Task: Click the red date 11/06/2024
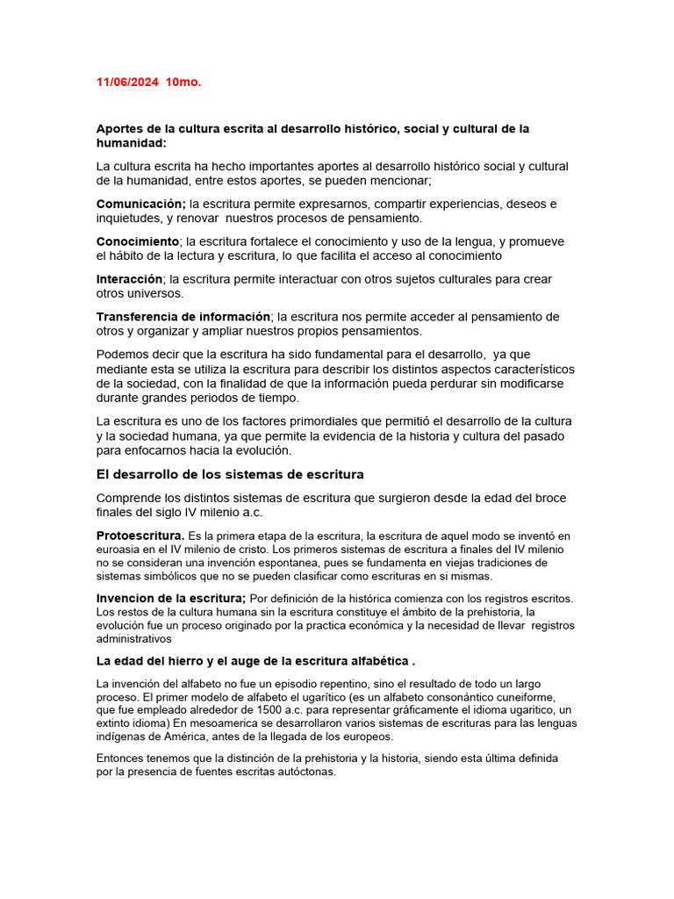coord(127,83)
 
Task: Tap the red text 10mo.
coord(183,83)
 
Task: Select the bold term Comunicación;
coord(141,204)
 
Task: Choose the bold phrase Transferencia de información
coord(183,317)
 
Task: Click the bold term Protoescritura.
coord(140,536)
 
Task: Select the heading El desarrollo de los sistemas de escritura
coord(230,475)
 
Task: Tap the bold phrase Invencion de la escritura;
coord(171,599)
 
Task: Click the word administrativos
coord(135,640)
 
